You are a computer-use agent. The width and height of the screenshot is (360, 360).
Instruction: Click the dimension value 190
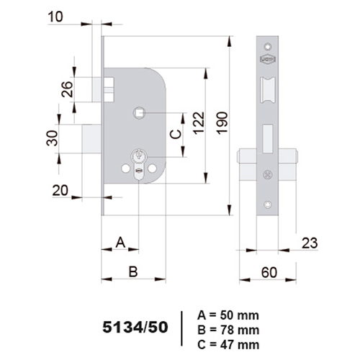(222, 122)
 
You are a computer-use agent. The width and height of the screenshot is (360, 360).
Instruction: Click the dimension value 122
(199, 122)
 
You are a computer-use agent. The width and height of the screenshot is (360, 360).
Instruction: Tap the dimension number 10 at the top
(55, 17)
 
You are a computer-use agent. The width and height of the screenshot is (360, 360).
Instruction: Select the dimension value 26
(67, 89)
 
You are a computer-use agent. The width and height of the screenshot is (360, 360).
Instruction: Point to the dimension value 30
(52, 138)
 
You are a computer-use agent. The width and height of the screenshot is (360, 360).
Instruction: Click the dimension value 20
(60, 191)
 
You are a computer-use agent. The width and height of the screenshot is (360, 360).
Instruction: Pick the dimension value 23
(310, 243)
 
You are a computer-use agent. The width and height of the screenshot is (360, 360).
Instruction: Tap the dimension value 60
(269, 273)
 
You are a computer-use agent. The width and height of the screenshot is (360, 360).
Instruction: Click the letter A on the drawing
(120, 243)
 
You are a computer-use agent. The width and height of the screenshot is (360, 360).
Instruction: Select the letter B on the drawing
(133, 271)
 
